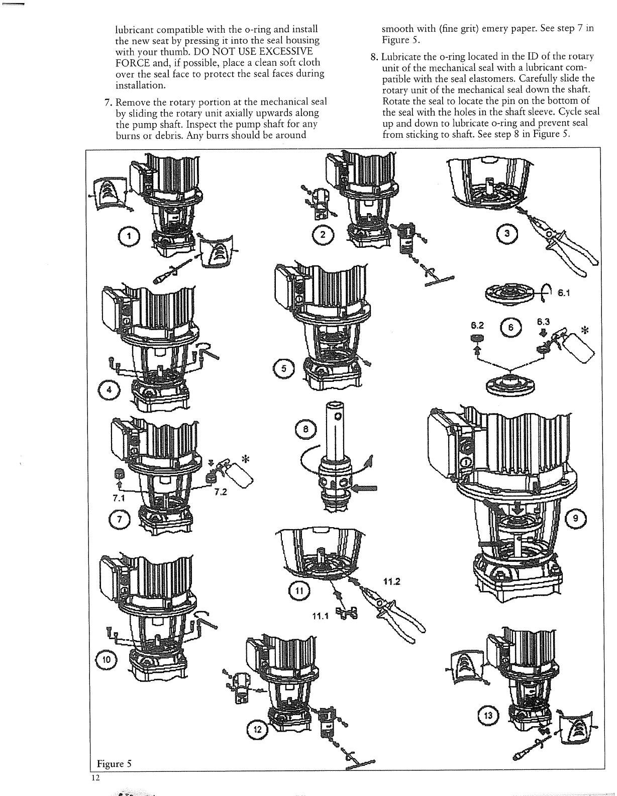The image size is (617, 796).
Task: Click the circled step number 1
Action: coord(128,236)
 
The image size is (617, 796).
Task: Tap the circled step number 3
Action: coord(506,233)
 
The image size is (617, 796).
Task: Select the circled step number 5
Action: coord(284,368)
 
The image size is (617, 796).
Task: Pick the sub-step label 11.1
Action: coord(320,617)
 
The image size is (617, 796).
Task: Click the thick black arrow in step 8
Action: coord(365,486)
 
